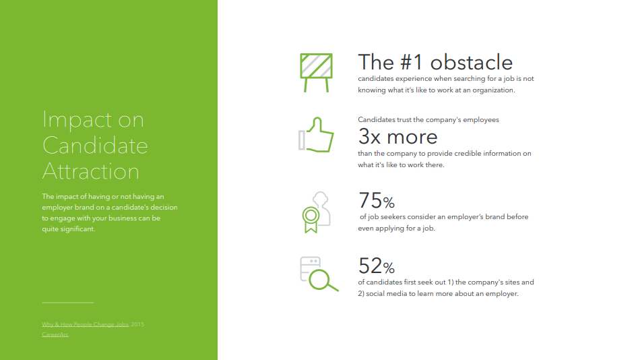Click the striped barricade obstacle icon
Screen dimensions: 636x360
[316, 73]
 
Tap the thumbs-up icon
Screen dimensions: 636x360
[316, 135]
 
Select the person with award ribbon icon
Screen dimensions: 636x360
[317, 212]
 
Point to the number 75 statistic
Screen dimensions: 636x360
[371, 200]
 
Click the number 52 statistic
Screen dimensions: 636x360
[371, 266]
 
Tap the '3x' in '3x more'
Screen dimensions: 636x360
[369, 137]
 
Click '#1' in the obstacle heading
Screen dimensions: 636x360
[412, 63]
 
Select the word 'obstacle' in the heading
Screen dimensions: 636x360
[472, 63]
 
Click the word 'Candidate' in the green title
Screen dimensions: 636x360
[95, 146]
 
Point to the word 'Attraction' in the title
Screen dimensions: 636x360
[91, 171]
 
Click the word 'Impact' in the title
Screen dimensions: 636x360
[77, 120]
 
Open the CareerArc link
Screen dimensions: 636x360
[55, 334]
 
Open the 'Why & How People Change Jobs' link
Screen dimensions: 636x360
[85, 324]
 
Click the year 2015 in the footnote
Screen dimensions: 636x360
[137, 324]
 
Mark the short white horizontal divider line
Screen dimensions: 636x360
[68, 303]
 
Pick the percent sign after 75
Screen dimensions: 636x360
[389, 202]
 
